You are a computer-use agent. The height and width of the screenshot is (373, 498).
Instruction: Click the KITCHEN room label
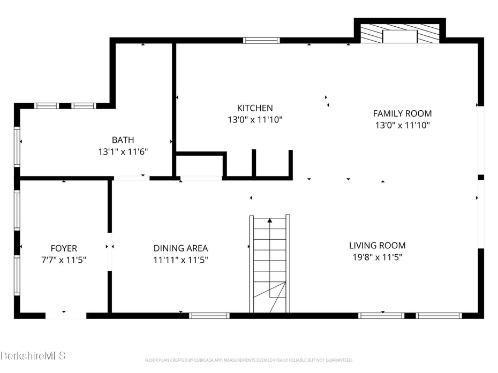tap(255, 108)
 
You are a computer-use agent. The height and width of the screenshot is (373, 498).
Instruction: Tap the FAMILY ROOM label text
tap(402, 113)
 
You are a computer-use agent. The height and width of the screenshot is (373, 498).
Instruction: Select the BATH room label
tap(123, 140)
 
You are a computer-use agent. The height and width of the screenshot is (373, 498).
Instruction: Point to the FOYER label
tap(64, 248)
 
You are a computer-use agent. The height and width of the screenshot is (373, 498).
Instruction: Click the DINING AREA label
tap(180, 248)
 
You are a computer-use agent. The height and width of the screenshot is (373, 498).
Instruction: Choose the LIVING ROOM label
tap(378, 246)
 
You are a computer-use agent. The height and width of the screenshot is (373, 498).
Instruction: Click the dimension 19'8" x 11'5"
tap(378, 257)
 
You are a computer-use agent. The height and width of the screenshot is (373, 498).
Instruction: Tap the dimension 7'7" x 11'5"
tap(64, 260)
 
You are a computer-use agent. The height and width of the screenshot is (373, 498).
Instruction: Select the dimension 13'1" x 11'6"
tap(123, 152)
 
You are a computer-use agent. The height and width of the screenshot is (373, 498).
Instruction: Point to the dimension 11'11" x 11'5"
tap(180, 260)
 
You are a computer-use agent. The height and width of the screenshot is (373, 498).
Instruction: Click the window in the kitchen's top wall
tap(261, 40)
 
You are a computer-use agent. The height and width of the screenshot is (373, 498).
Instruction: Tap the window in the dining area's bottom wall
tap(209, 316)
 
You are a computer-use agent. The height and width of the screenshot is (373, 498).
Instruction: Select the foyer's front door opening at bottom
tap(66, 316)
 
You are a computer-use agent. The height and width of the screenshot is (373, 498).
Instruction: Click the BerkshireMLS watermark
tap(33, 355)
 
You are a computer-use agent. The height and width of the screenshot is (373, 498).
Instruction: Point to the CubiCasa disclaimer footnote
tap(248, 360)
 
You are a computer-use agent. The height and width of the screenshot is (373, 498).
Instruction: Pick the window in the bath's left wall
tap(17, 147)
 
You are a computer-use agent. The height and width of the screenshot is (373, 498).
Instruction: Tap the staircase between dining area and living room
tap(270, 264)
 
